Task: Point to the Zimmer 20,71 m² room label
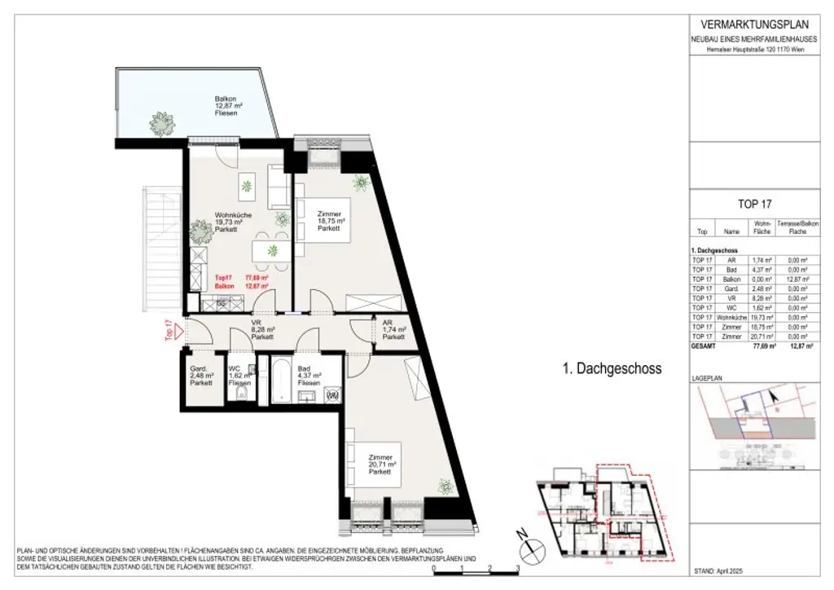[x=380, y=465]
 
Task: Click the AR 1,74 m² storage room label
[x=394, y=329]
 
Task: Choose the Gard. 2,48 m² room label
[x=200, y=374]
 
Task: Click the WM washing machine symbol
[x=331, y=395]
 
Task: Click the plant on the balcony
[x=161, y=123]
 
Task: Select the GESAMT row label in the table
[x=704, y=346]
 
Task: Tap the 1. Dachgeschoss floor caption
[x=612, y=369]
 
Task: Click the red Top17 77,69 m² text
[x=241, y=277]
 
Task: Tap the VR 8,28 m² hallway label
[x=261, y=329]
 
